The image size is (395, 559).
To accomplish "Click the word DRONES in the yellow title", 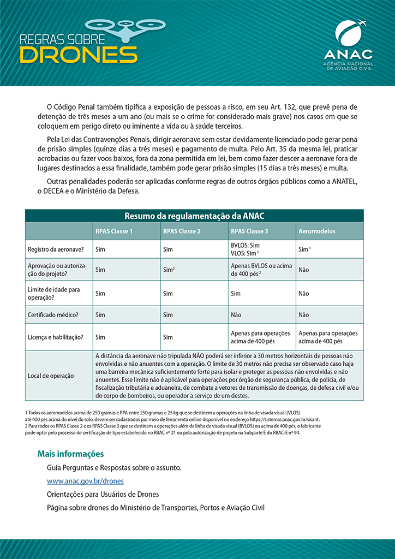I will (x=79, y=54).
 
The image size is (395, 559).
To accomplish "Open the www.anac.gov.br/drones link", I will (x=85, y=481).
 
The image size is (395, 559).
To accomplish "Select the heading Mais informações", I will (x=70, y=454).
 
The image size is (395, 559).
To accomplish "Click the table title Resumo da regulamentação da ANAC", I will (x=194, y=216).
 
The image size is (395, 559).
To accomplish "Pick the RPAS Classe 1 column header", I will (x=114, y=231).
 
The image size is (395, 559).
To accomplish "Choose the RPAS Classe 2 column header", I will (x=182, y=231).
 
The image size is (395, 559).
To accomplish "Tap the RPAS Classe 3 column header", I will (x=249, y=231).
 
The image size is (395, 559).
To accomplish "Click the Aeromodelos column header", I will (x=317, y=231).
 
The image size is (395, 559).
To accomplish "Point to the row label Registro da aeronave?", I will (x=55, y=249).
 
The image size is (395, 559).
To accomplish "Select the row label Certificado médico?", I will (x=53, y=314).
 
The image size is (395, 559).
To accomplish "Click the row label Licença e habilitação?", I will (x=56, y=337).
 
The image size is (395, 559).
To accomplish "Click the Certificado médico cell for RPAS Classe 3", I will (x=236, y=314).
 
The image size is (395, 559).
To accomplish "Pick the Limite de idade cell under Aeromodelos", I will (x=304, y=293).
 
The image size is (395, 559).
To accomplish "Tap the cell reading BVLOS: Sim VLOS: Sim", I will (x=246, y=249).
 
